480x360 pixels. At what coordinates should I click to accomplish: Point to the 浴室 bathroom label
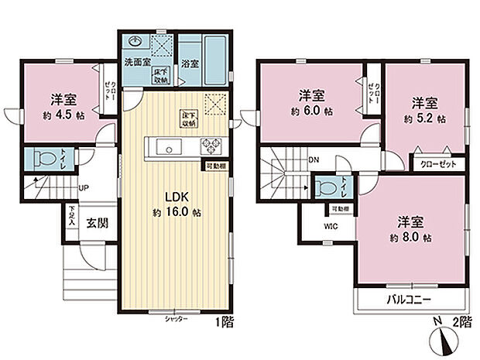[x=190, y=64]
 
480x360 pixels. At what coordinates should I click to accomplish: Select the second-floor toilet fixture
[x=324, y=187]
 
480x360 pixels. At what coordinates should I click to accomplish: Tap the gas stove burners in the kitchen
[x=209, y=145]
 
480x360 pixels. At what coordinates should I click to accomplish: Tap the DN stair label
[x=314, y=160]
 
